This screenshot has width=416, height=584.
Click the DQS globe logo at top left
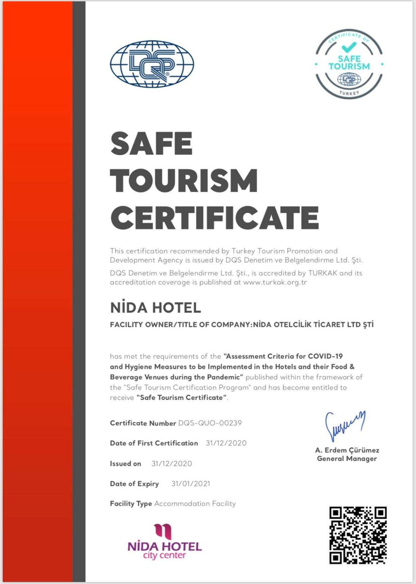[152, 64]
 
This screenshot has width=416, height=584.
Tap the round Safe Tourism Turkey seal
[349, 64]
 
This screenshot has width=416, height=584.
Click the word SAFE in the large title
[151, 143]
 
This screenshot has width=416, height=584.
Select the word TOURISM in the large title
[184, 181]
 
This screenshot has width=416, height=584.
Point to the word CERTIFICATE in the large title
[214, 218]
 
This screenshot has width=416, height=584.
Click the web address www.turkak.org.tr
[275, 282]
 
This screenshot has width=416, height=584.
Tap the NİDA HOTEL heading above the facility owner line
[155, 308]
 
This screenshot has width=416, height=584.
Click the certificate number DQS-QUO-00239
[210, 423]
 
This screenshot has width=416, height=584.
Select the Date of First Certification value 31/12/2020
[226, 443]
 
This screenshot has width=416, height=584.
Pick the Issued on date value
[171, 464]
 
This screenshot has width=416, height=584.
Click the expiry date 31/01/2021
[191, 484]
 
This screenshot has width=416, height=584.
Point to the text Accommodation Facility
[195, 503]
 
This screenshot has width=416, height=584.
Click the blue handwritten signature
[345, 425]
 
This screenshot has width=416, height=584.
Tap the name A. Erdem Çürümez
[347, 450]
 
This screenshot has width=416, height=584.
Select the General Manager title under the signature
[347, 459]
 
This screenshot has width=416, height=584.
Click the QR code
[358, 535]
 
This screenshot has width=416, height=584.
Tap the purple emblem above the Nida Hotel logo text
[163, 531]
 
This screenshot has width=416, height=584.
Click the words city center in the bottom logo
[164, 555]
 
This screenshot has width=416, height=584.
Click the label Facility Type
[131, 503]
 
